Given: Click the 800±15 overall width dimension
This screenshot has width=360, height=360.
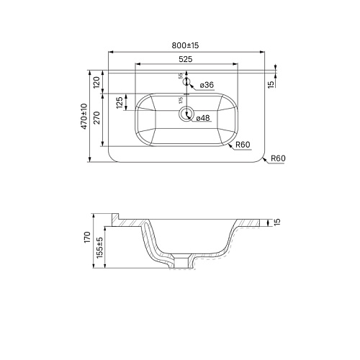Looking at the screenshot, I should click(x=186, y=46).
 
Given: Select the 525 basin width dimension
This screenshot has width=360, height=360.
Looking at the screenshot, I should click(x=186, y=60).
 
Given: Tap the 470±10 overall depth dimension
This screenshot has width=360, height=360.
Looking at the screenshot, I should click(x=84, y=116).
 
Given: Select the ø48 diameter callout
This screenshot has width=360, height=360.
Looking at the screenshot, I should click(x=202, y=118).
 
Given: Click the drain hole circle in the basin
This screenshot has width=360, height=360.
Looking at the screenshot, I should click(x=186, y=114).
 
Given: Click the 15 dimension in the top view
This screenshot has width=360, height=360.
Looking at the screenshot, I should click(x=270, y=84).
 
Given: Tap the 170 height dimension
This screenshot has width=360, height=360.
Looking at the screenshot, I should click(x=86, y=237).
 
